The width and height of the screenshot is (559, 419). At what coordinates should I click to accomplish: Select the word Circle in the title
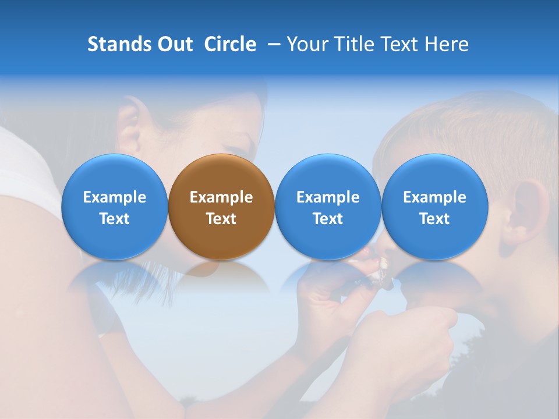coord(230,44)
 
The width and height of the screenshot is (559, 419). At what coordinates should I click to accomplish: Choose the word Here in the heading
coord(446,44)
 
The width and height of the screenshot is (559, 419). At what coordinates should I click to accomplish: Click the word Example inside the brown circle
coord(221,197)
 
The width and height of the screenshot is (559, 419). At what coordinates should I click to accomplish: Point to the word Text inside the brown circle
coord(221,219)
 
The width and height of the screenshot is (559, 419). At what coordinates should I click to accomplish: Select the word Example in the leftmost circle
coord(115,197)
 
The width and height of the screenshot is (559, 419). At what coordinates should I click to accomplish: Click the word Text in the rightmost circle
coord(434,219)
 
